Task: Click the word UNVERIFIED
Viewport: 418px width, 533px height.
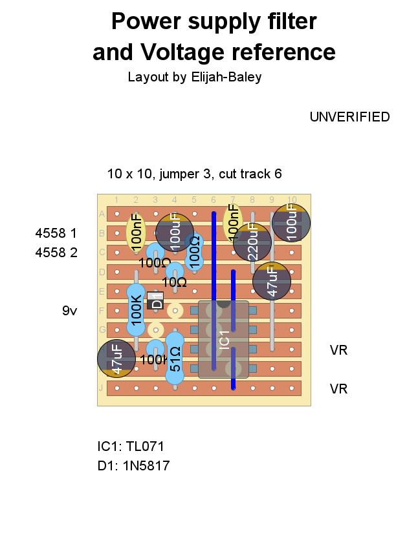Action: [x=349, y=117]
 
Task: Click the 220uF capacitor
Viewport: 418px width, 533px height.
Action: [x=252, y=242]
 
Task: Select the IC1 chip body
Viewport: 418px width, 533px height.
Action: [x=223, y=339]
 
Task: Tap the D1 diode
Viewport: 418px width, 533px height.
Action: [x=155, y=300]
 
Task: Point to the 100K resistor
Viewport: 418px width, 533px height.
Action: [x=136, y=310]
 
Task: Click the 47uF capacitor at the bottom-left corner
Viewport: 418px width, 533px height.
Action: [x=116, y=359]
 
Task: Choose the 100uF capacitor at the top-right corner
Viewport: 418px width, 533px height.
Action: [x=291, y=223]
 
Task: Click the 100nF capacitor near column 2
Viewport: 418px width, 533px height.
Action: [x=136, y=232]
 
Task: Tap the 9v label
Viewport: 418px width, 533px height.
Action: [x=70, y=311]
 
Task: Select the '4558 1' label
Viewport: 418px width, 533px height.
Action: [x=56, y=233]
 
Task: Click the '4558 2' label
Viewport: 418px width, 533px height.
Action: [x=56, y=253]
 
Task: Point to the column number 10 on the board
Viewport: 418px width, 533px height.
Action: [x=292, y=200]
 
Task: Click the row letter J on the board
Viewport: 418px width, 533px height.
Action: [x=102, y=388]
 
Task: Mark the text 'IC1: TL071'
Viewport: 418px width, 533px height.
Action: [x=131, y=446]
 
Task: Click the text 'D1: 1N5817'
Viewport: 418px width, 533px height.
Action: [x=133, y=466]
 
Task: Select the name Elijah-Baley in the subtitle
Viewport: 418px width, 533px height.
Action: [x=226, y=77]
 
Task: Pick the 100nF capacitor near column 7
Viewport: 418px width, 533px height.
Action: [x=233, y=222]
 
